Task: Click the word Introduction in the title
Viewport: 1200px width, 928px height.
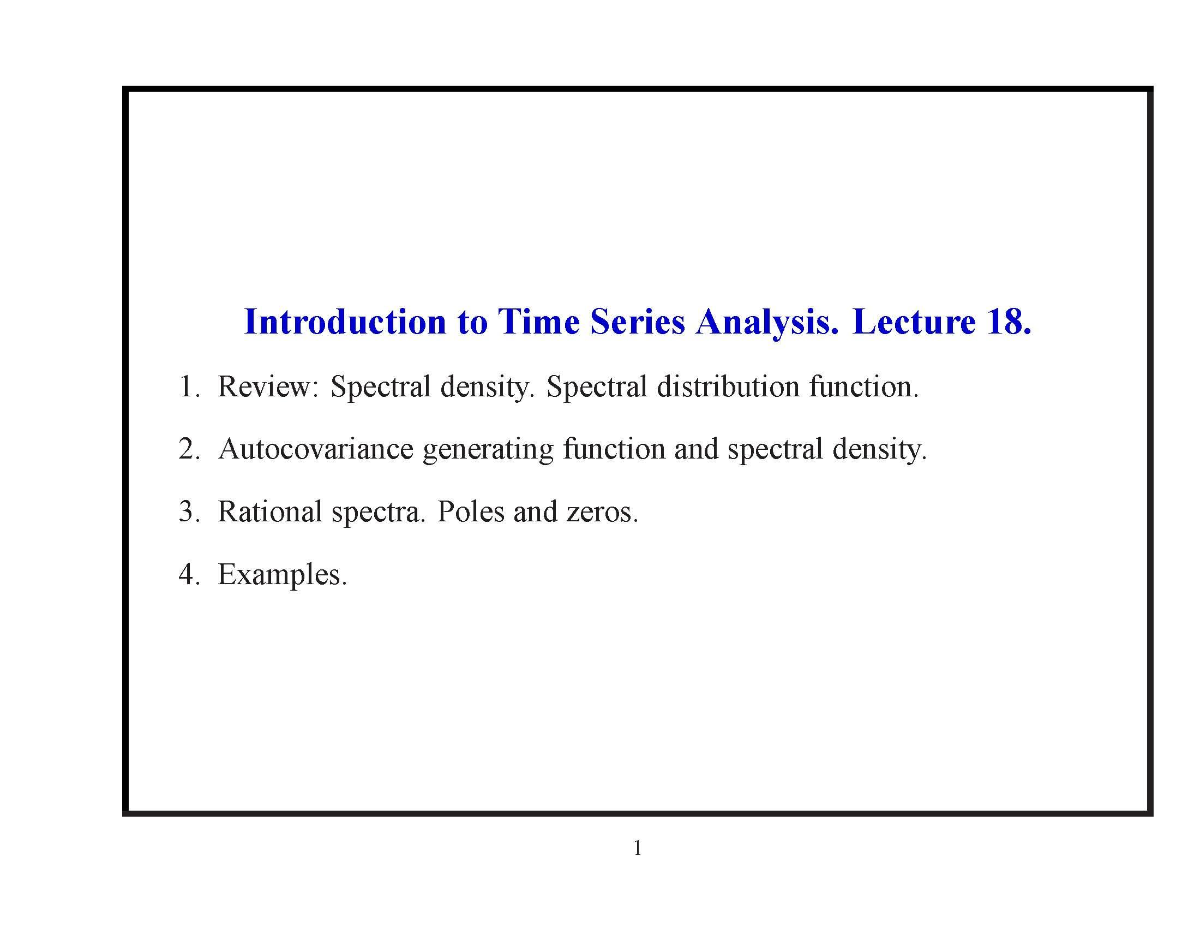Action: pos(345,322)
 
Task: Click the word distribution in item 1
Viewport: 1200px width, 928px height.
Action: pos(728,386)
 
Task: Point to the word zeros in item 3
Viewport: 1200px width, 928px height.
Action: pos(602,513)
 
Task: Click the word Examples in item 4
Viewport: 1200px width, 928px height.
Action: pos(282,575)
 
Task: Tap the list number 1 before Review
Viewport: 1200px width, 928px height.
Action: pos(187,386)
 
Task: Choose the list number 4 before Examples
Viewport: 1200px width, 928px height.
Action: pos(187,574)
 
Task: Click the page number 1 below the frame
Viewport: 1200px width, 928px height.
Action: pos(637,848)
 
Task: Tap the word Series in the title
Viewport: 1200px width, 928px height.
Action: pos(637,322)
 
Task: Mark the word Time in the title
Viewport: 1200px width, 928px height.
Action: pos(538,322)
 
